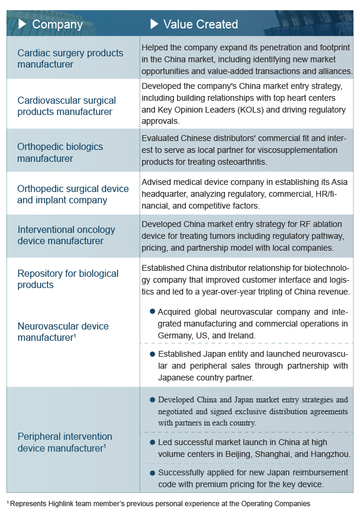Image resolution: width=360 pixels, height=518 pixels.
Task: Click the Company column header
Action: coord(57,24)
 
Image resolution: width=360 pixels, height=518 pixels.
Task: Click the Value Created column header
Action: coord(200,24)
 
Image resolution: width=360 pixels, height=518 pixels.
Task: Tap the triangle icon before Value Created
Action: coord(154,24)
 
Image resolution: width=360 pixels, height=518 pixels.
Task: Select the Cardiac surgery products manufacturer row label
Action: coord(70,58)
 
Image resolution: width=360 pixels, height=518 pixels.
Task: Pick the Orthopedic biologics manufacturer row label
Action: coord(60,152)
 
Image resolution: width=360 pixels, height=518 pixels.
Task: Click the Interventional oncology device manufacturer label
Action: coord(66,235)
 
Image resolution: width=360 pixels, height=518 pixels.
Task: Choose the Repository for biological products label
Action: coord(67,279)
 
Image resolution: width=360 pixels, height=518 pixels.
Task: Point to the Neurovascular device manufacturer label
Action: coord(63,332)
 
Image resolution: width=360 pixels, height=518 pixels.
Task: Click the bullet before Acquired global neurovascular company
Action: coord(152,311)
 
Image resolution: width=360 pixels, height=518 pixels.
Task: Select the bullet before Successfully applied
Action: coord(152,473)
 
